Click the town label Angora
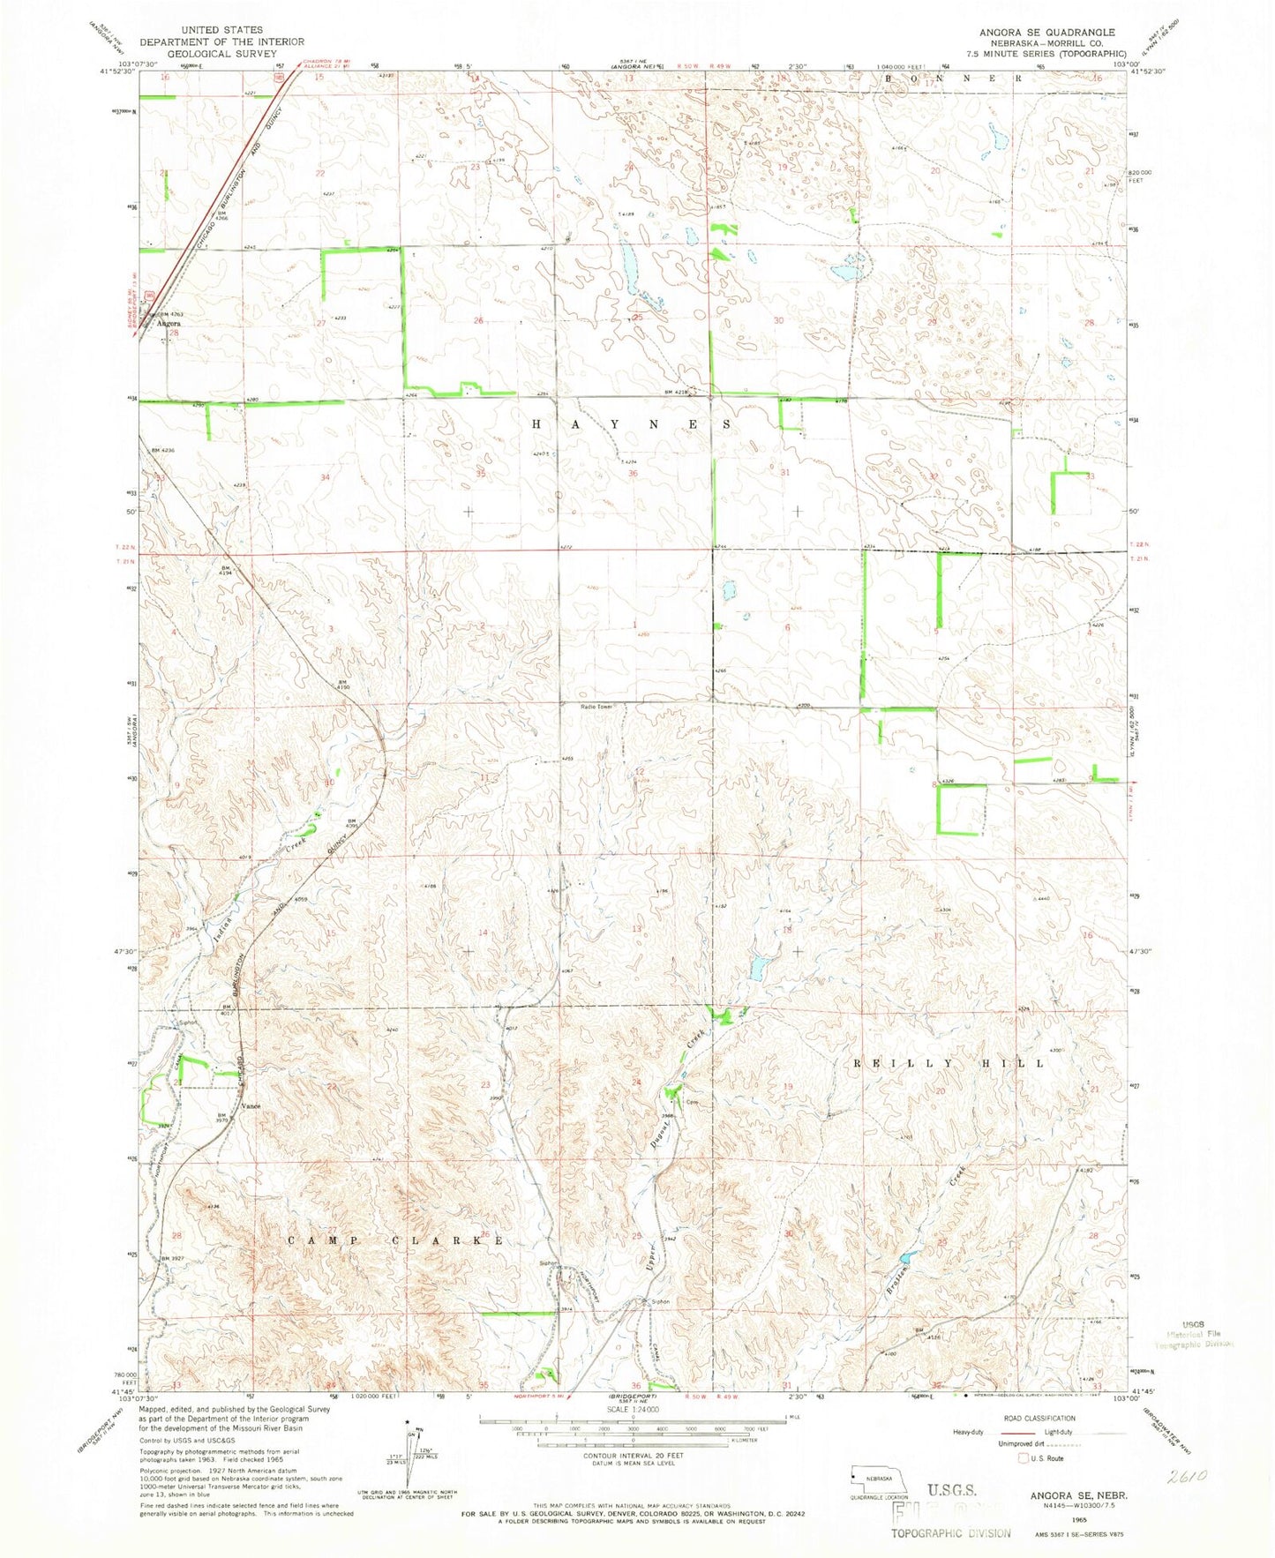pyautogui.click(x=168, y=324)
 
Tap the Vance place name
pyautogui.click(x=251, y=1105)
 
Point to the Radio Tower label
pyautogui.click(x=596, y=707)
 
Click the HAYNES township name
pyautogui.click(x=632, y=424)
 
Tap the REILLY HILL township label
pyautogui.click(x=949, y=1064)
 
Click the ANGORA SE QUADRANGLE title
pyautogui.click(x=1046, y=33)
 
